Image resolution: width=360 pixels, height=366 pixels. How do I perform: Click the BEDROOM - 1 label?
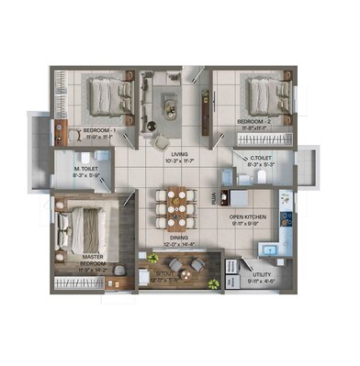click(98, 131)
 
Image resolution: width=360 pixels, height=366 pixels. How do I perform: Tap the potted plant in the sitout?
click(214, 283)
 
